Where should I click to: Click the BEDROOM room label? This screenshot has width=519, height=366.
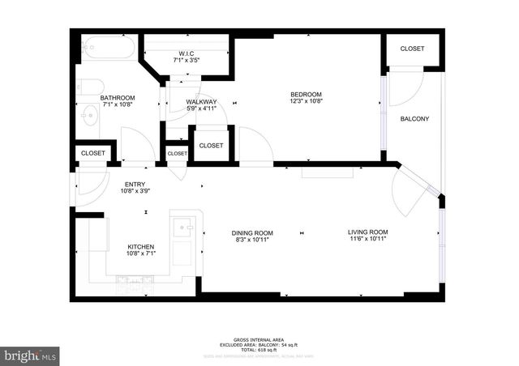click(x=306, y=94)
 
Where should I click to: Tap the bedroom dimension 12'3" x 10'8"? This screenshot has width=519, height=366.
click(x=306, y=101)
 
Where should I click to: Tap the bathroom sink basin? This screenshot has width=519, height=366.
click(x=89, y=117)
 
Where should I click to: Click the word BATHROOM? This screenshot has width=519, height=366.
click(x=118, y=98)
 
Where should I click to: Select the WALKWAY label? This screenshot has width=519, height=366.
click(x=201, y=101)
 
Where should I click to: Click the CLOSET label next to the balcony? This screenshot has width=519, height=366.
click(x=412, y=49)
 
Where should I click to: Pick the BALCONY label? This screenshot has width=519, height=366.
click(x=414, y=119)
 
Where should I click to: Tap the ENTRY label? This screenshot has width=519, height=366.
click(x=135, y=185)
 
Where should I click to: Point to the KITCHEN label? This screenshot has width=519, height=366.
click(x=140, y=247)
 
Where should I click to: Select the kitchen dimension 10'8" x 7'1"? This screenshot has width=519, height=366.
click(x=140, y=254)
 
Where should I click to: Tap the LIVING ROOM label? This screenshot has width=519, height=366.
click(x=368, y=232)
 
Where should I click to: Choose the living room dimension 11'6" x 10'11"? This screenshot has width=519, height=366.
click(x=368, y=239)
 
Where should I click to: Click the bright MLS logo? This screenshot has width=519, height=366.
click(x=31, y=355)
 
